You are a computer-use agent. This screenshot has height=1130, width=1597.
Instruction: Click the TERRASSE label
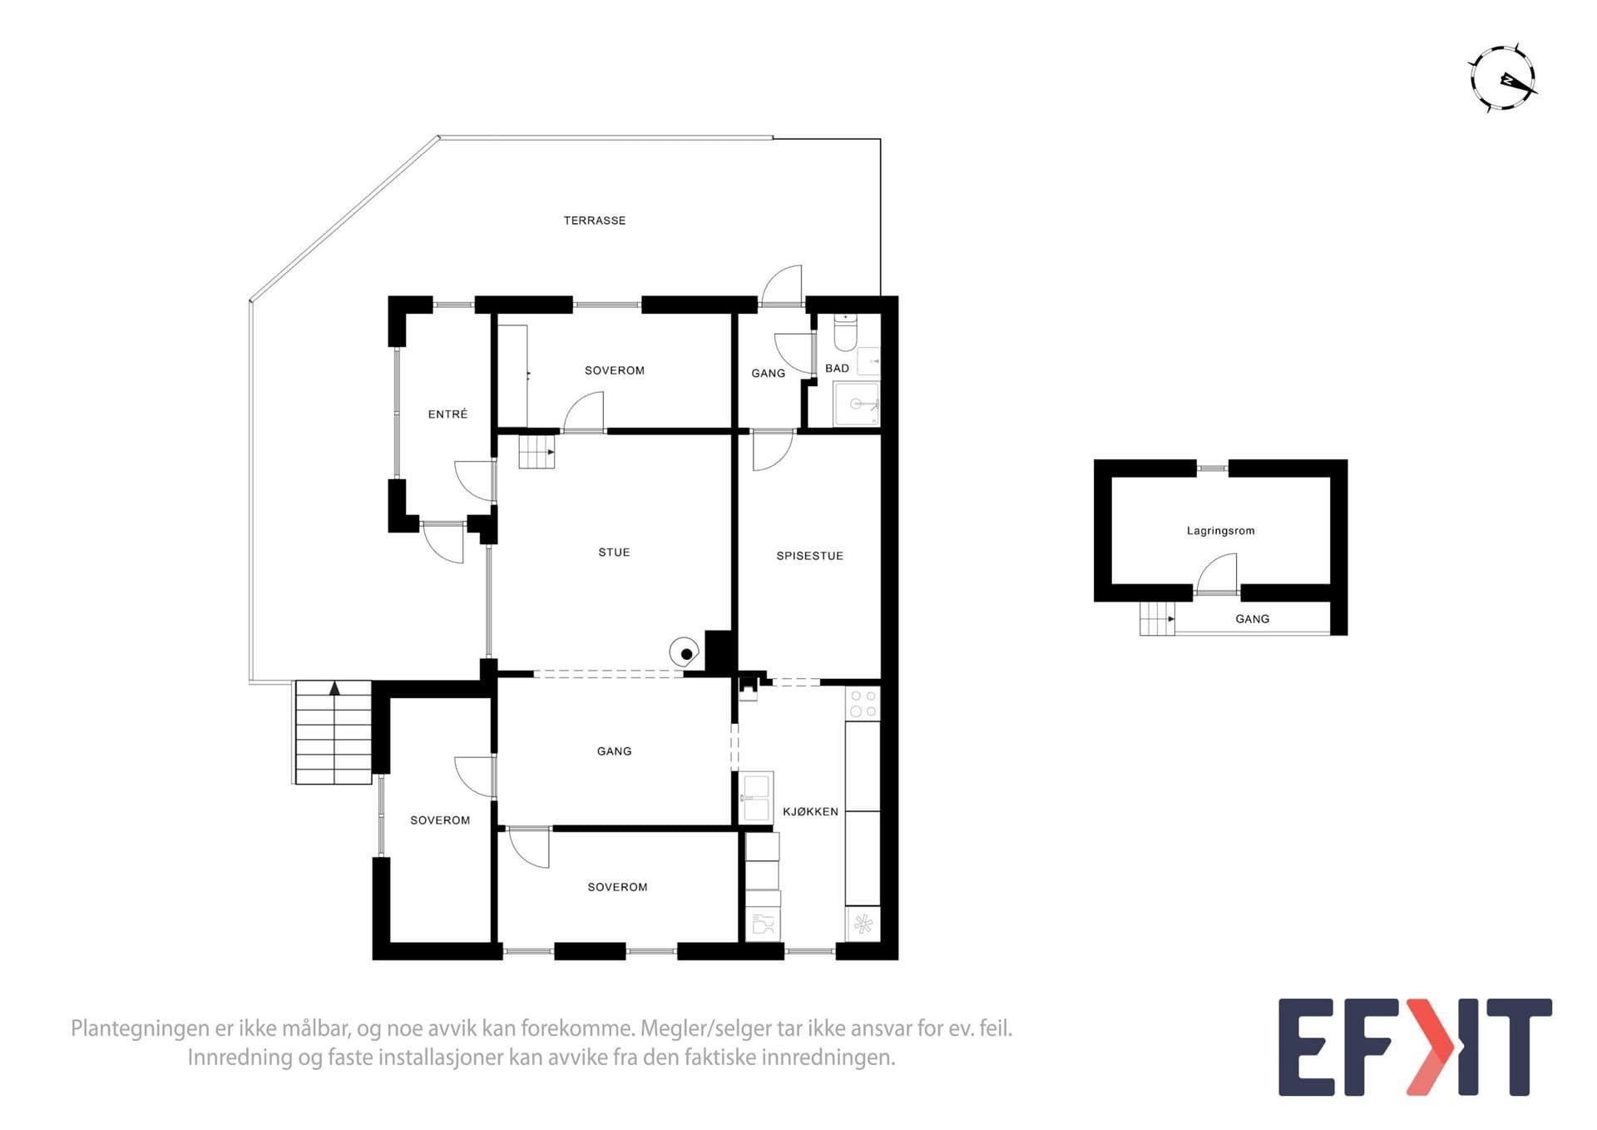point(594,221)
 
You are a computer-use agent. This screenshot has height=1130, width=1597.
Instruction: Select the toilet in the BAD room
point(845,332)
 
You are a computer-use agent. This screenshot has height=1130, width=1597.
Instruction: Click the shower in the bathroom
point(856,404)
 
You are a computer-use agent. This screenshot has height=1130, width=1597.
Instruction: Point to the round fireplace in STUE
point(685,652)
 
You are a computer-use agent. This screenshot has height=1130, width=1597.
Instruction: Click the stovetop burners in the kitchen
point(863,703)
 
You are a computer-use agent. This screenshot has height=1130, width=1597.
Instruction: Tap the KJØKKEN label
point(810,811)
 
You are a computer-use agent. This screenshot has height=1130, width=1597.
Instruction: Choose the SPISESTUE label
point(809,556)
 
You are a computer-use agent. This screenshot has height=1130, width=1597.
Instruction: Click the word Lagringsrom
point(1220,531)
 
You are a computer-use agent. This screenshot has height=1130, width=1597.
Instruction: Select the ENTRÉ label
point(447,414)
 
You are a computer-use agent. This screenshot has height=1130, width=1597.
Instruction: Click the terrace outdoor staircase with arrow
point(334,732)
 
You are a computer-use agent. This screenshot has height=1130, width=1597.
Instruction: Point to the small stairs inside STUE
point(536,452)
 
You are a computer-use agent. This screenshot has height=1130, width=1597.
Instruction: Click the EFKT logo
point(1415,1047)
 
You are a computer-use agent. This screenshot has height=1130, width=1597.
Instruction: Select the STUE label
point(614,553)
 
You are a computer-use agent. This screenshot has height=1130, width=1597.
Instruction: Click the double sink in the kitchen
point(756,797)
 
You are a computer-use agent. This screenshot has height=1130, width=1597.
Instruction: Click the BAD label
point(837,369)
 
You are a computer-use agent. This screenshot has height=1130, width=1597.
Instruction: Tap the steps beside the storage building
point(1157,618)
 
